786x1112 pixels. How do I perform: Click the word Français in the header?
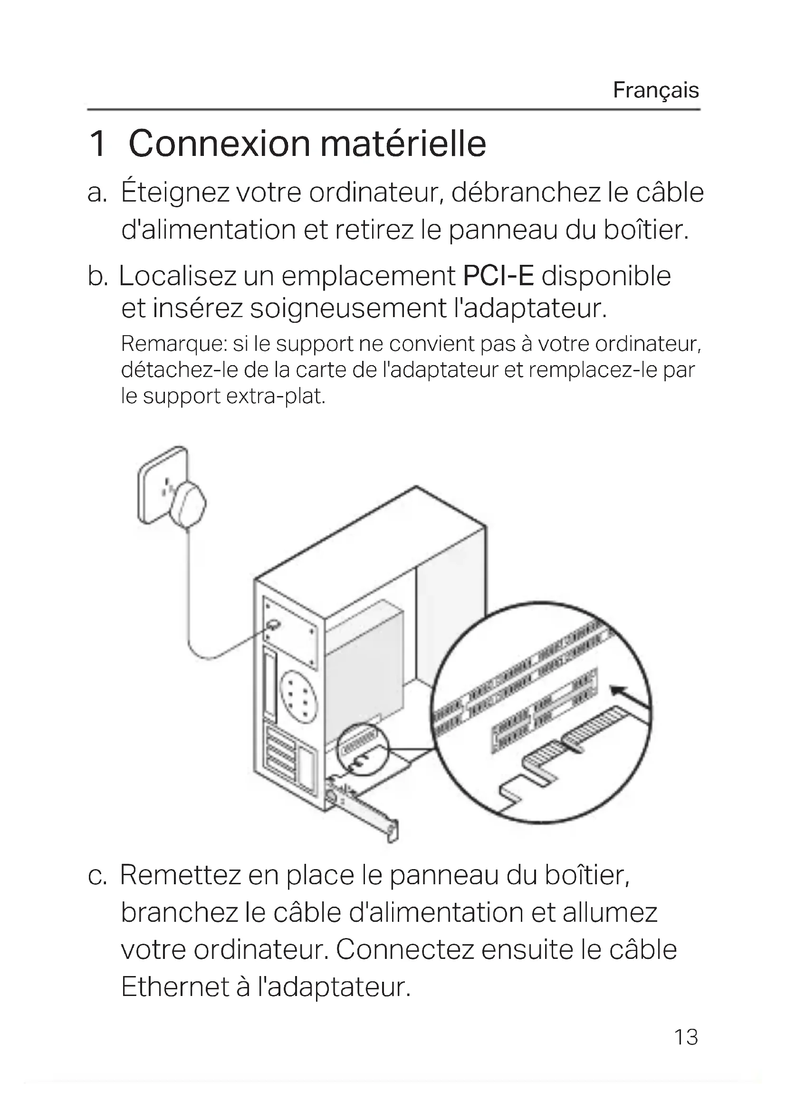(656, 90)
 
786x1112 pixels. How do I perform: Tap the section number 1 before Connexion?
(98, 144)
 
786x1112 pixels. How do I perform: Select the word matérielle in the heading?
(403, 144)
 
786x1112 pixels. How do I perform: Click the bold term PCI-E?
(498, 277)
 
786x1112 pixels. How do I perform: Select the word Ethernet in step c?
(174, 986)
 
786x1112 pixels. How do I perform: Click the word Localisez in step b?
(177, 277)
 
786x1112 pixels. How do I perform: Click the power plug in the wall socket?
(188, 503)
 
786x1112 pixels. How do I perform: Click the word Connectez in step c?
(404, 949)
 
